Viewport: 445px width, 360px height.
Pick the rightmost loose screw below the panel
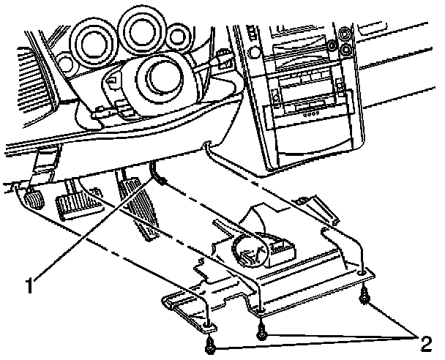tap(364, 298)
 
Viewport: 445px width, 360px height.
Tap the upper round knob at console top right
tap(345, 34)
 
